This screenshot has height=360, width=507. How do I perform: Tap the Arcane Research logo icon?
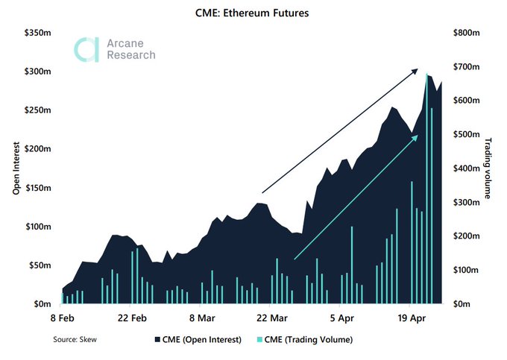(x=85, y=50)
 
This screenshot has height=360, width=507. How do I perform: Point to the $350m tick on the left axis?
(x=36, y=33)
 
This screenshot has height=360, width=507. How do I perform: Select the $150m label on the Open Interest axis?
(x=36, y=188)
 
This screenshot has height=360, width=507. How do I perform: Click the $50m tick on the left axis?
(x=38, y=265)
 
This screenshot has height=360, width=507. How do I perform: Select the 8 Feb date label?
(x=62, y=317)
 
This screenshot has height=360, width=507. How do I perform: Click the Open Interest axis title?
(x=15, y=168)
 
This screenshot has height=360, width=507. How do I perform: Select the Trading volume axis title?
(x=489, y=168)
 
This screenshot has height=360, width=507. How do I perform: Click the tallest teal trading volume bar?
(x=426, y=186)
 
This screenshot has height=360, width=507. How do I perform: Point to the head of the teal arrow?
(x=416, y=137)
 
